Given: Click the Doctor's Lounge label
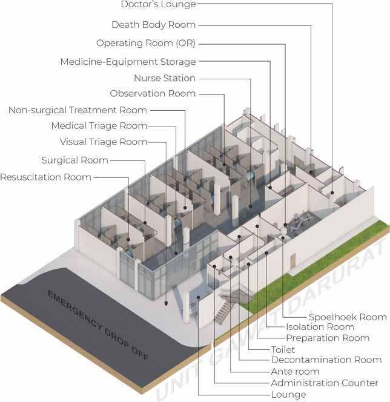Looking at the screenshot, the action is (158, 5).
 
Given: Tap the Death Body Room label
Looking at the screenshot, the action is (153, 25).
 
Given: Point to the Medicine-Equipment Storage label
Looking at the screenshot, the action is (128, 62).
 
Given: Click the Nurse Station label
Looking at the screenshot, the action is (164, 78).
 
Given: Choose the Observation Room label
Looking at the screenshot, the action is (153, 93).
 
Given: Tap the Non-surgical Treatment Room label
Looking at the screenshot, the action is (78, 110).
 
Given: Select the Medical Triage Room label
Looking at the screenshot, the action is (99, 126).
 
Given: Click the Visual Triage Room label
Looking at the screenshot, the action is (103, 142).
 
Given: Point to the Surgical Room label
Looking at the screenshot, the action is (74, 160).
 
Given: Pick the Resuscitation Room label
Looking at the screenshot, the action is (45, 177).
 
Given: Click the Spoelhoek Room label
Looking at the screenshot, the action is (347, 317).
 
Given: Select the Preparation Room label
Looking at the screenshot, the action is (327, 338).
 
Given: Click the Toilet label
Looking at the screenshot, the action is (283, 349).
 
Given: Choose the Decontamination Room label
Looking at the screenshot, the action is (326, 360).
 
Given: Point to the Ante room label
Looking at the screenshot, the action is (295, 371).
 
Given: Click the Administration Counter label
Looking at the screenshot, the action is (325, 383).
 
